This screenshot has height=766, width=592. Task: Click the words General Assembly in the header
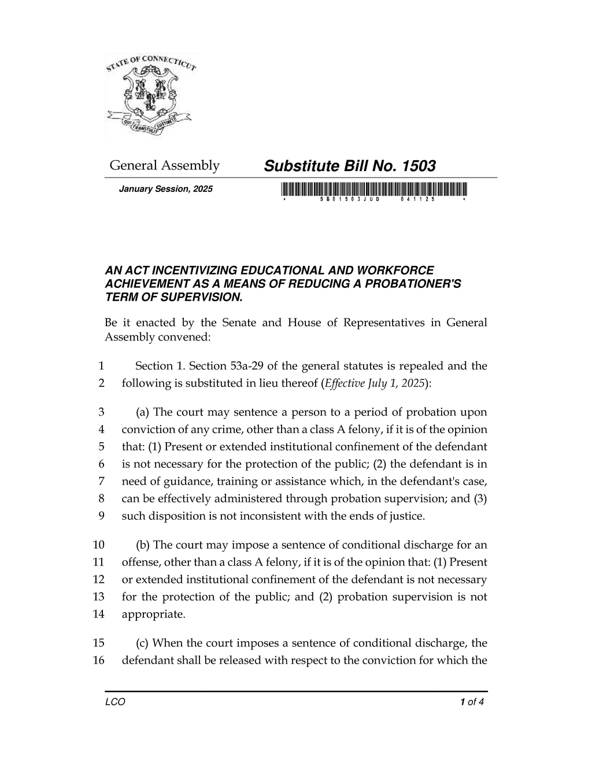[x=165, y=166]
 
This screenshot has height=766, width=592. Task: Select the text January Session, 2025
[x=165, y=189]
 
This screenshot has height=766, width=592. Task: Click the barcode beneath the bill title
[x=374, y=189]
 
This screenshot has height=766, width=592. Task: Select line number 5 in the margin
[x=101, y=447]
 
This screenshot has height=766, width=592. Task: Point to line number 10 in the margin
[x=98, y=545]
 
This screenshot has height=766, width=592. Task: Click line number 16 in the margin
[x=98, y=661]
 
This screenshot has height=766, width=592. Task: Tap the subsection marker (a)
[x=143, y=412]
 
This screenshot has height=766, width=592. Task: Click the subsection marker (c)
[x=142, y=643]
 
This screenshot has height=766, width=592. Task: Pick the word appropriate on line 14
[x=153, y=615]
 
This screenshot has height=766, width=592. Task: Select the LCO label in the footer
[x=115, y=702]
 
